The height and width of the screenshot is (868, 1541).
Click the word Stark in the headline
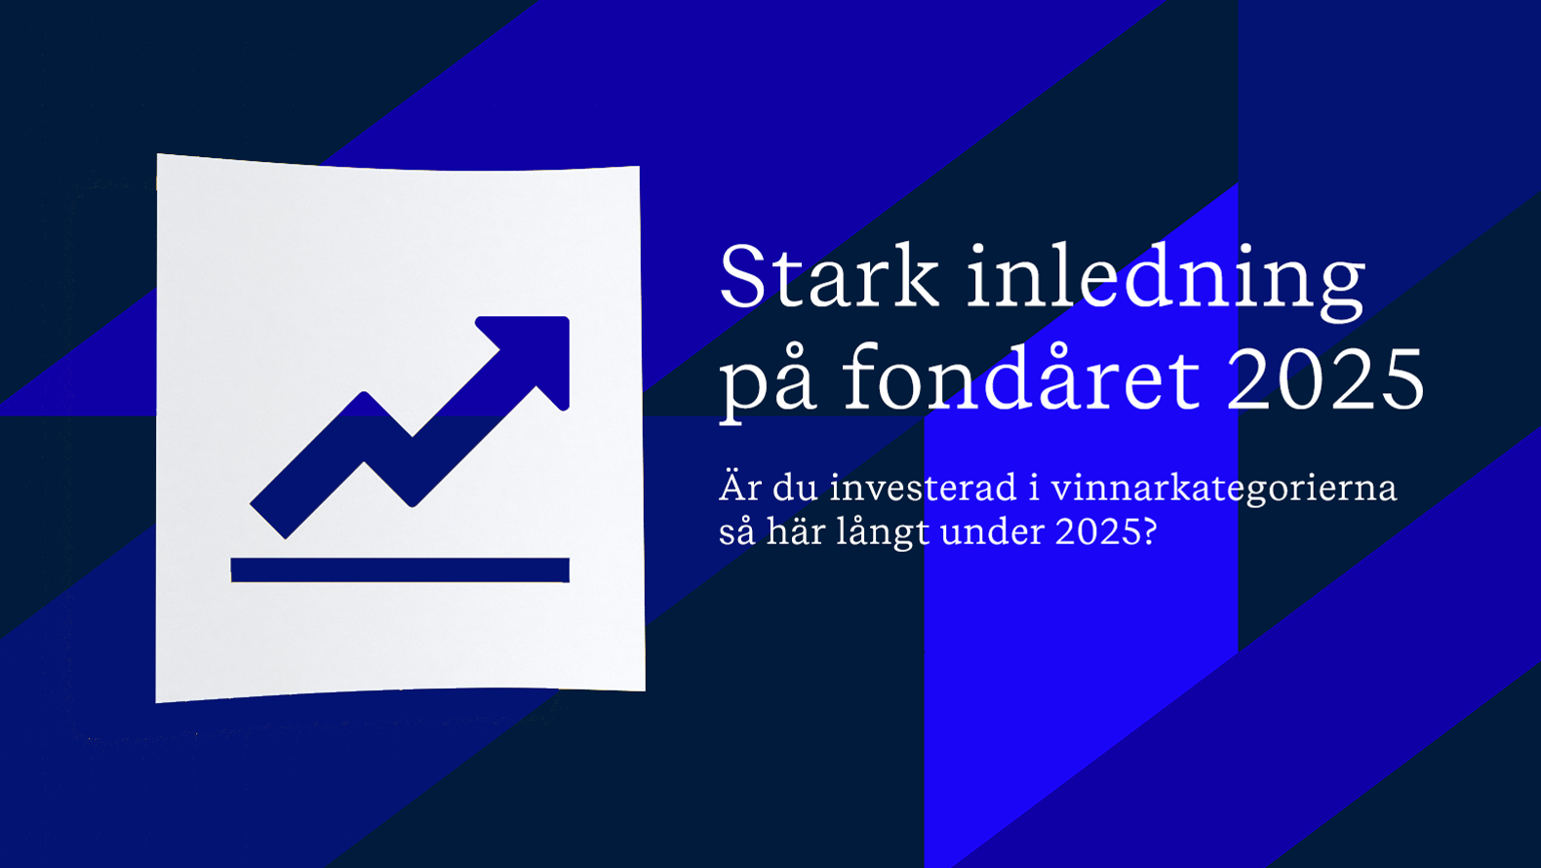[829, 276]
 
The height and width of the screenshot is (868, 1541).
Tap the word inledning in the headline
[1166, 281]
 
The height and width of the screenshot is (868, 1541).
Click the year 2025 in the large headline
[1325, 378]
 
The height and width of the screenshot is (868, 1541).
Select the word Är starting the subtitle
[739, 487]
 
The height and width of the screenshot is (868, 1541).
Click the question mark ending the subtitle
[1148, 531]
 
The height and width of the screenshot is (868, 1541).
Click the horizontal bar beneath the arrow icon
[400, 571]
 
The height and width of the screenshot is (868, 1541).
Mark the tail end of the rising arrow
[267, 522]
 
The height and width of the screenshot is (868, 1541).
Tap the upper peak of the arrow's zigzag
[363, 395]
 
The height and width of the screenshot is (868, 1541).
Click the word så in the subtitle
[737, 532]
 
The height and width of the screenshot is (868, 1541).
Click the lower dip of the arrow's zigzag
[413, 503]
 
